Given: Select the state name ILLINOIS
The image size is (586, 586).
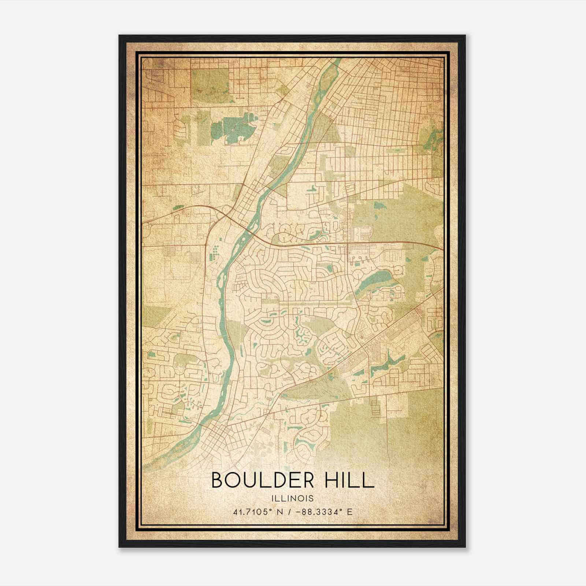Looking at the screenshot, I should coord(293,498).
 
